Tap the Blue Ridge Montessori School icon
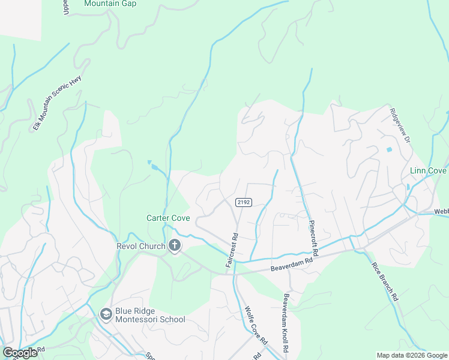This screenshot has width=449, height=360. pyautogui.click(x=106, y=314)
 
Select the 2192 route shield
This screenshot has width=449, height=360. pyautogui.click(x=243, y=202)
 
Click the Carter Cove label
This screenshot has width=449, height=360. pyautogui.click(x=168, y=218)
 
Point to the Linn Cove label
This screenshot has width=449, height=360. pyautogui.click(x=427, y=171)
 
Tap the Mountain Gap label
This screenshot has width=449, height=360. pyautogui.click(x=110, y=4)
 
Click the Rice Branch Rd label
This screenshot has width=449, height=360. pyautogui.click(x=384, y=281)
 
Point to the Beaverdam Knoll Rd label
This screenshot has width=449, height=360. pyautogui.click(x=286, y=324)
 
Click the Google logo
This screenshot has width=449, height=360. pyautogui.click(x=19, y=352)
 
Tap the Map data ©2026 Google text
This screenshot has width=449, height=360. pyautogui.click(x=411, y=355)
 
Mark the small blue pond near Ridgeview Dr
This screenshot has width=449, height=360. pyautogui.click(x=390, y=149)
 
